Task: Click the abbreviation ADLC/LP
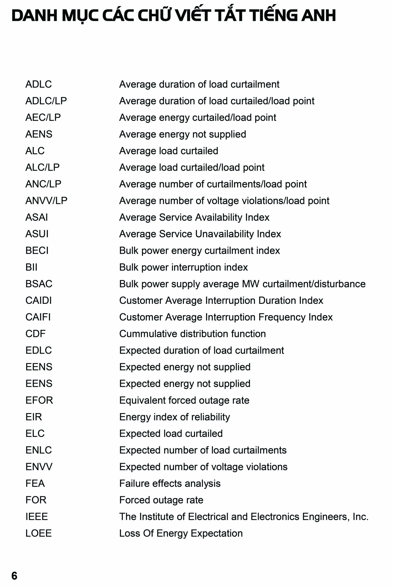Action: [46, 101]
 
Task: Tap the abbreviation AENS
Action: [39, 134]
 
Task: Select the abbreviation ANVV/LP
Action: [46, 201]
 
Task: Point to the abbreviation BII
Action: [31, 267]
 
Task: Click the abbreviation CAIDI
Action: [39, 300]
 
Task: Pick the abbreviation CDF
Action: [35, 334]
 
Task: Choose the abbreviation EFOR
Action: [39, 400]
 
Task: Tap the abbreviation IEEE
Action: [37, 516]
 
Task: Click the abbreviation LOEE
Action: [39, 533]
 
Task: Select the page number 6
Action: [14, 575]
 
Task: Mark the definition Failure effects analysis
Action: [170, 483]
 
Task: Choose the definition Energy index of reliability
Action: [175, 417]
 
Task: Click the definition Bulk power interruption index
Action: [183, 267]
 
